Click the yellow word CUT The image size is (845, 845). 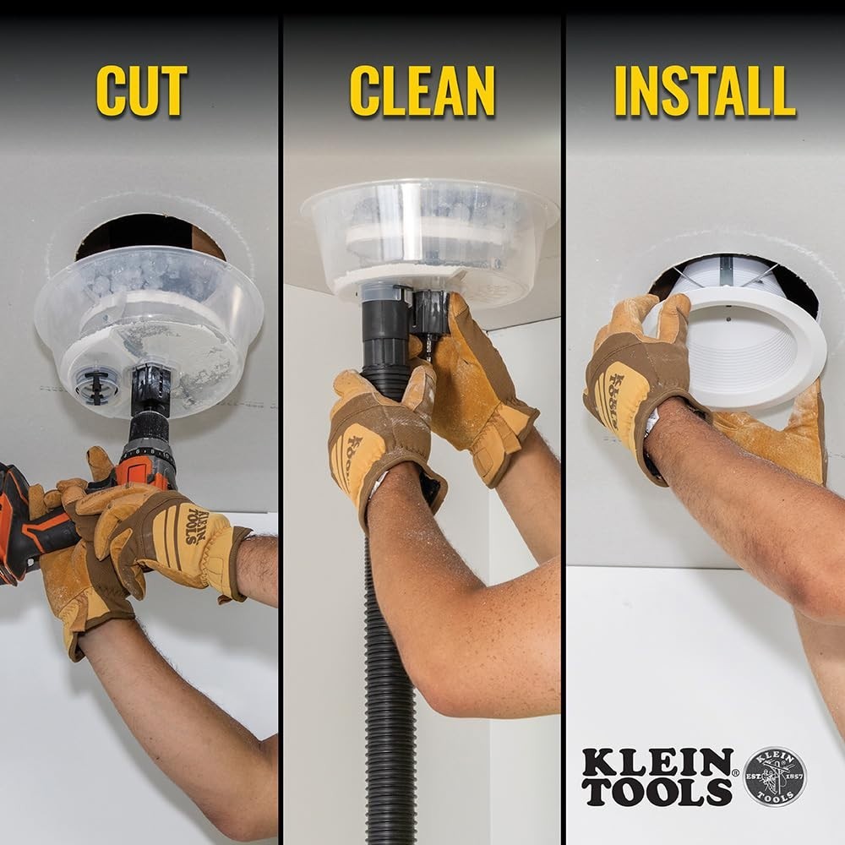[x=141, y=90]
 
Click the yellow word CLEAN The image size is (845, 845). [x=422, y=90]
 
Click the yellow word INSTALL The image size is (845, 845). [x=705, y=90]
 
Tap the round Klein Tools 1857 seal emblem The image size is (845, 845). [x=774, y=776]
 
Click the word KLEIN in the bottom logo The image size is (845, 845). [x=657, y=762]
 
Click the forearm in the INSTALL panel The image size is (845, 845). [x=744, y=507]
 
